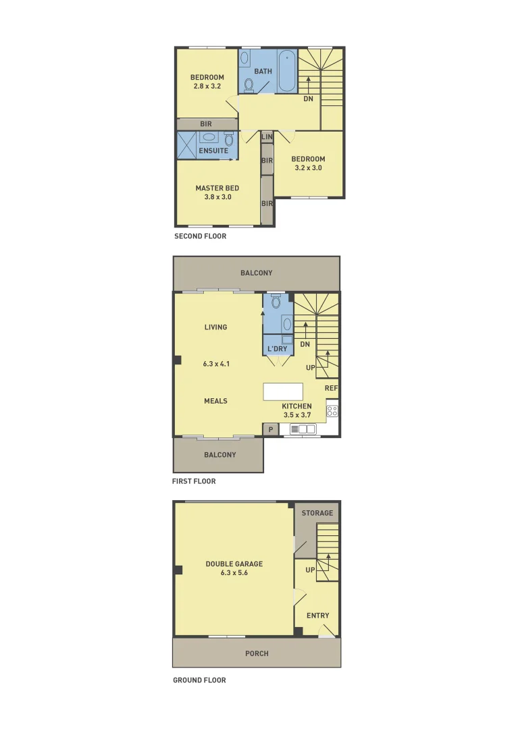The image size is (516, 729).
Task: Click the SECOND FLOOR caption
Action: [x=200, y=236]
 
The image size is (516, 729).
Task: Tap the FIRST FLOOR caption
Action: [x=194, y=481]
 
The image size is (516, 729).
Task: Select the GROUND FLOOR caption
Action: [x=199, y=680]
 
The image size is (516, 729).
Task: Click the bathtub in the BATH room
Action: [x=286, y=71]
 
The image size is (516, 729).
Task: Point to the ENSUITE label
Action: [x=213, y=151]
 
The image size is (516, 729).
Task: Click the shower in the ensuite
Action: [x=186, y=145]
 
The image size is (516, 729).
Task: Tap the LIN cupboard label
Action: [x=267, y=137]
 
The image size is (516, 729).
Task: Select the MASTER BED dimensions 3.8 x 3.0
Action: [x=217, y=197]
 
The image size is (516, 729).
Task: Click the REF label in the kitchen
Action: [x=331, y=388]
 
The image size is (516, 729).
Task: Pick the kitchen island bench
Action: [x=283, y=392]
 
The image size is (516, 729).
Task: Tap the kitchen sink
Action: [x=307, y=429]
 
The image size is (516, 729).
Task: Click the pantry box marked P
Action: [x=271, y=429]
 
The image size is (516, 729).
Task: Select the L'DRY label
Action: [x=278, y=349]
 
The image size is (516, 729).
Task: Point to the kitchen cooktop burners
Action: [x=332, y=410]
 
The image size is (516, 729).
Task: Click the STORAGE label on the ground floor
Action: [x=317, y=513]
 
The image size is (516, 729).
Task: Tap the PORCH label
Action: [x=257, y=653]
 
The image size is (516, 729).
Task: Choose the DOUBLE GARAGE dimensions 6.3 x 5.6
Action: [x=234, y=572]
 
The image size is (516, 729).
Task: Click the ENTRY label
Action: [x=317, y=615]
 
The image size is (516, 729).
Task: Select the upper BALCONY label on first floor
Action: [x=257, y=273]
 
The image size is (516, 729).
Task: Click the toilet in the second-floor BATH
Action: [x=249, y=84]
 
